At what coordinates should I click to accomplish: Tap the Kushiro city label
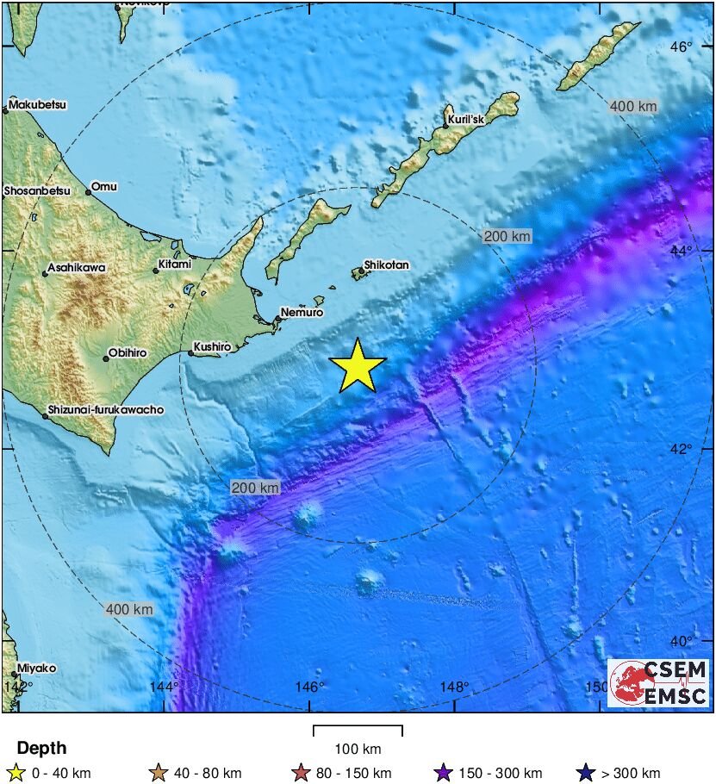[212, 347]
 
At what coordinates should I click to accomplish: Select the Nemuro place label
[302, 313]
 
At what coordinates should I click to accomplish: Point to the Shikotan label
[386, 265]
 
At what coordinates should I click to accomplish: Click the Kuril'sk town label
[466, 120]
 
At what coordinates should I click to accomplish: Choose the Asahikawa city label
[77, 268]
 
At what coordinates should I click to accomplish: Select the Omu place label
[104, 186]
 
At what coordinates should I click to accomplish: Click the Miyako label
[36, 669]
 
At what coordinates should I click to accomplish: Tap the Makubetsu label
[38, 105]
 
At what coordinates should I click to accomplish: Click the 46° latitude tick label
[682, 47]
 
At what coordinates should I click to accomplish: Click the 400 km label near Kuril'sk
[633, 107]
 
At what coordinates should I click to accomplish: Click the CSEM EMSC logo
[659, 683]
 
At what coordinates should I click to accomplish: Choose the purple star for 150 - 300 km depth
[444, 773]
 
